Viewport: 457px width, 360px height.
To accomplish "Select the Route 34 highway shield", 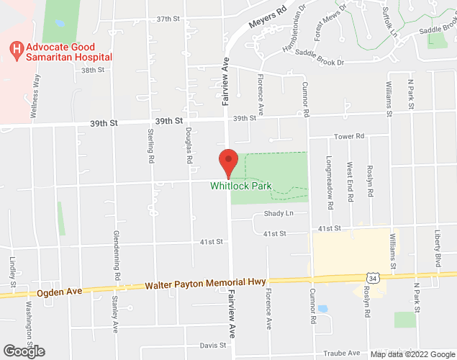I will click(372, 277).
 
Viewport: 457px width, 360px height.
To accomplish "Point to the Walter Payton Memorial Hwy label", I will click(206, 284).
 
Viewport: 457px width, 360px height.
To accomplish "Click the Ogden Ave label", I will click(59, 292).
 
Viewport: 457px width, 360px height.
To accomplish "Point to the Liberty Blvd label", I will click(437, 247).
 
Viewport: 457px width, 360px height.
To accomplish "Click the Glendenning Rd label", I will click(117, 255).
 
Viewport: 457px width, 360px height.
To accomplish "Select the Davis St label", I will click(213, 346).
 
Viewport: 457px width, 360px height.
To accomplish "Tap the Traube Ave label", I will click(344, 353).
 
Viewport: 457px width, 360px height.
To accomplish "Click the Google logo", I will click(23, 351).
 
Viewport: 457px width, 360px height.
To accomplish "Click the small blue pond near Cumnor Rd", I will click(322, 309).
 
